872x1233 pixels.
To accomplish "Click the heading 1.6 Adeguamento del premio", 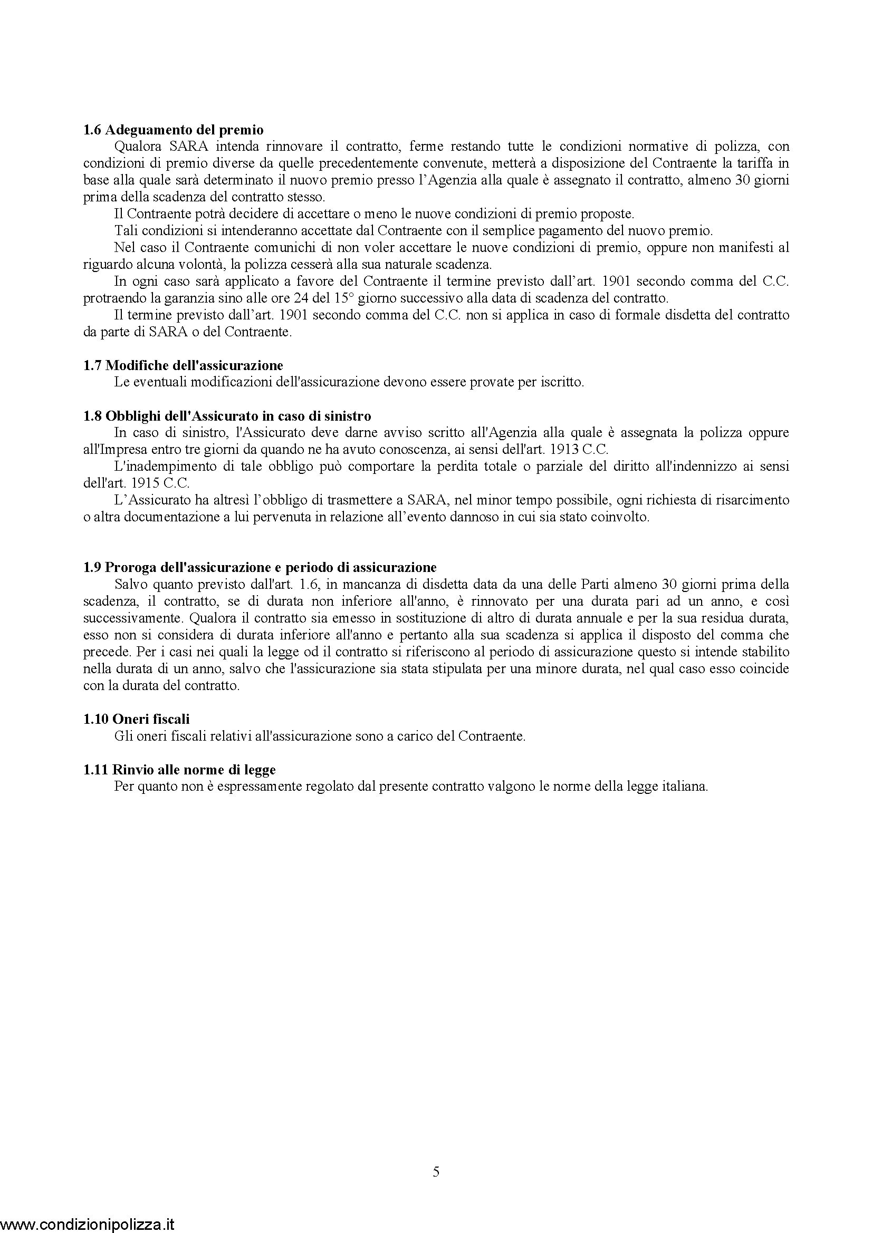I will [x=174, y=130].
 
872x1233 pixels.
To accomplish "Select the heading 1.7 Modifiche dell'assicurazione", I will [x=183, y=366].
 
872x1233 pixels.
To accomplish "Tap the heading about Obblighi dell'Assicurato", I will [x=227, y=416].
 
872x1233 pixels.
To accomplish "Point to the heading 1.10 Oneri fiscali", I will [x=137, y=719].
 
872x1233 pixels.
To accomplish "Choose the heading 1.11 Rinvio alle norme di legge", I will [x=179, y=770].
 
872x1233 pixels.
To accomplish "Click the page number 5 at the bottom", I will [x=436, y=1172].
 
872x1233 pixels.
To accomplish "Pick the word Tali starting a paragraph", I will [x=126, y=231].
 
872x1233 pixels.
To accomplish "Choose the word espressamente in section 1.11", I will [x=255, y=787].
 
